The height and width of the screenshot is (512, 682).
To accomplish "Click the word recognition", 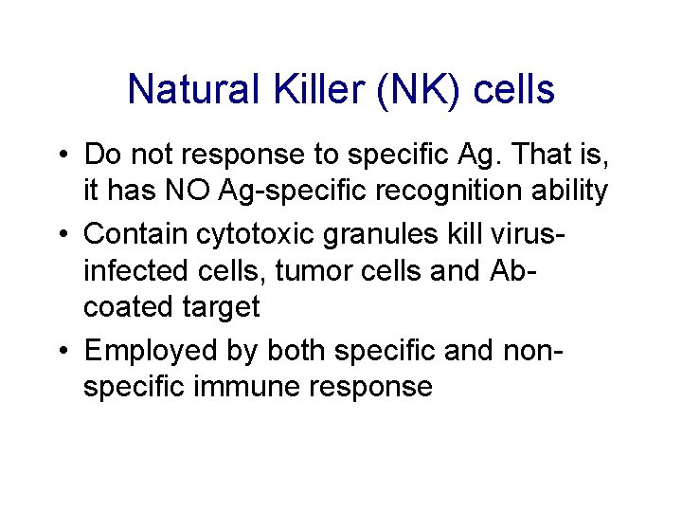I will tap(430, 192).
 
